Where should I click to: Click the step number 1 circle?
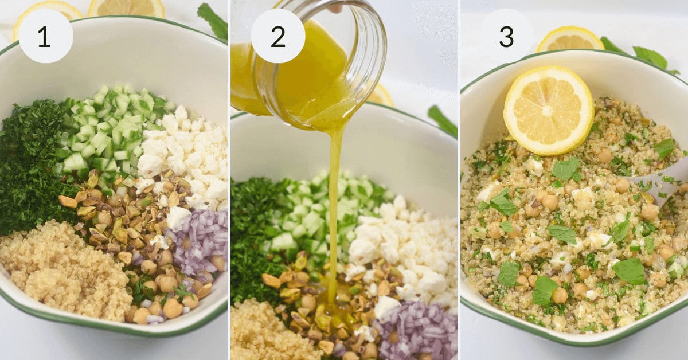coord(46,36)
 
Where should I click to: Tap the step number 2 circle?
coord(278,36)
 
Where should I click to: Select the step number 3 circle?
coord(506,36)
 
